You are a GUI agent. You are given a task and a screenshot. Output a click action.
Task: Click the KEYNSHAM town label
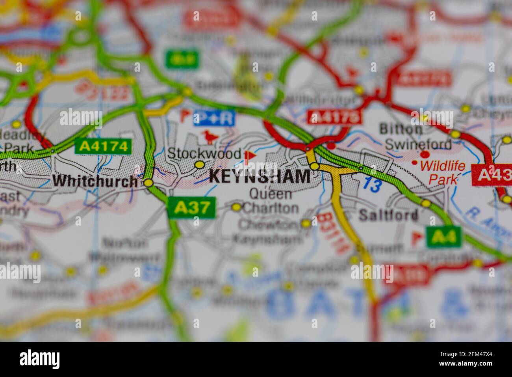(260, 176)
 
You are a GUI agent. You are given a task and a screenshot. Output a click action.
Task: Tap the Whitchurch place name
(95, 181)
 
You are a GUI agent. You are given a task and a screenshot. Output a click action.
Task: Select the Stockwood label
(204, 153)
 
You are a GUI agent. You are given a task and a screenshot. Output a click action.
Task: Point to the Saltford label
(388, 215)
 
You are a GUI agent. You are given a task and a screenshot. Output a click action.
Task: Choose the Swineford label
(418, 144)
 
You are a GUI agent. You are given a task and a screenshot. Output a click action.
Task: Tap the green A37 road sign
(192, 207)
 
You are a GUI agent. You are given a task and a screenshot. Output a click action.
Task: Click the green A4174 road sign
(103, 147)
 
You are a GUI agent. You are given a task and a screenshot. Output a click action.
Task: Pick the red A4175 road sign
(334, 117)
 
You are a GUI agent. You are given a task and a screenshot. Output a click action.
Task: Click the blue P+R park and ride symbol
(214, 118)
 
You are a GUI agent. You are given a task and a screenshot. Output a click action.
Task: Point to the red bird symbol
(210, 137)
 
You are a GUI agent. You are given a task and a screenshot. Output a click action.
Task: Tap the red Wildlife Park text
(442, 173)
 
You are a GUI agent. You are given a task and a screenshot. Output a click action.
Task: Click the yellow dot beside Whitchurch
(148, 183)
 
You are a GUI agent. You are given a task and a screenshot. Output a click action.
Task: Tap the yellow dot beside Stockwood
(200, 164)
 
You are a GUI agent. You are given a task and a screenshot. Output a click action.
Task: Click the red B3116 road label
(333, 233)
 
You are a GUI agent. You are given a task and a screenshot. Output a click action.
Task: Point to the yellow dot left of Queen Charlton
(236, 207)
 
